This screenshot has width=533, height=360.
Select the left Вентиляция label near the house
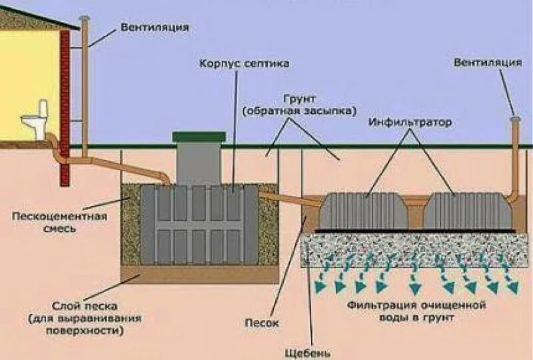[x=155, y=28]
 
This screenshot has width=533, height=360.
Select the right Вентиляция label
[x=488, y=63]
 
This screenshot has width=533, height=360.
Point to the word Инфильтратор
[x=410, y=123]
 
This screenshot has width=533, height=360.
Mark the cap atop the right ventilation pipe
[x=514, y=119]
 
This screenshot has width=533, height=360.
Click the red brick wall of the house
[x=65, y=107]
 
